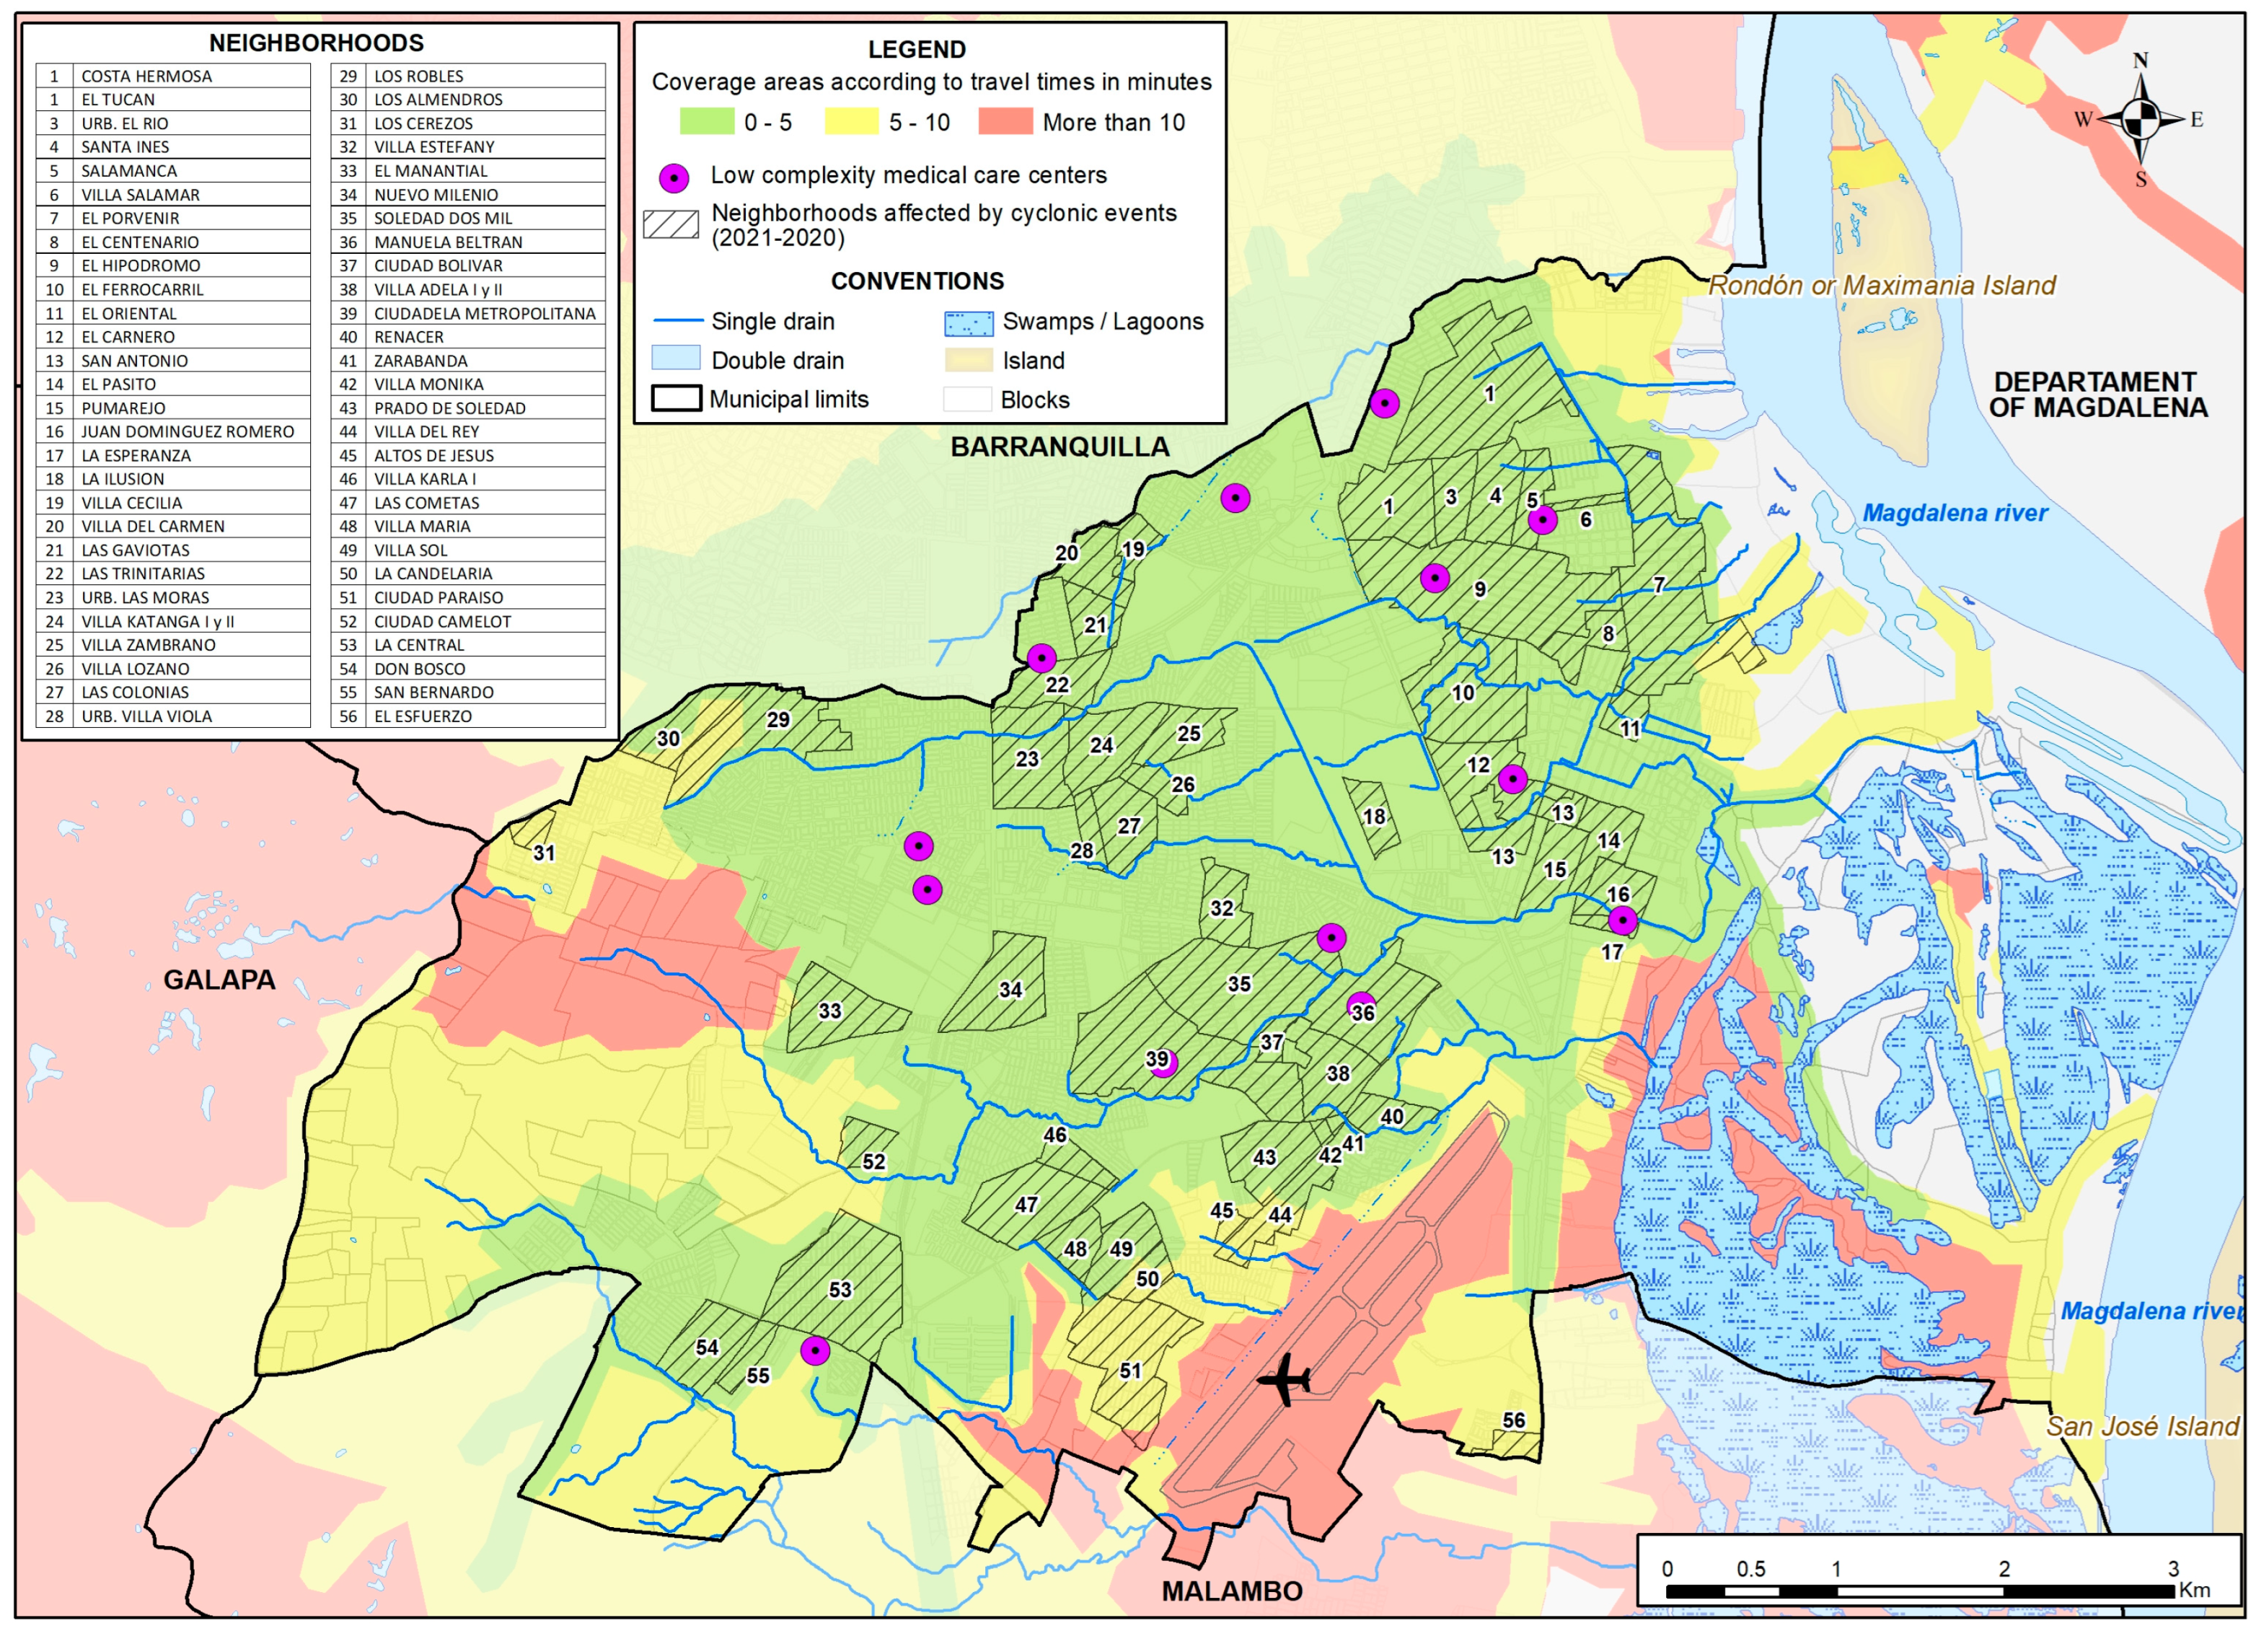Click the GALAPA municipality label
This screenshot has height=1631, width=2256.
point(219,980)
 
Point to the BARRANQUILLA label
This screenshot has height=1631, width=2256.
point(1059,447)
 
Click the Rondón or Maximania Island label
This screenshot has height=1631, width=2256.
point(1881,286)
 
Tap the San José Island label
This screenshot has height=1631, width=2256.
point(2141,1426)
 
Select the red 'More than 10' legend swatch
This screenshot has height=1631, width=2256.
point(1005,123)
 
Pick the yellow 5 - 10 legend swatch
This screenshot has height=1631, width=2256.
point(852,123)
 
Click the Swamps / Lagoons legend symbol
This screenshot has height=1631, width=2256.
point(968,322)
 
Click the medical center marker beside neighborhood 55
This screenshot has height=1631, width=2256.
point(815,1350)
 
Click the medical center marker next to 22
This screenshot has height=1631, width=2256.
point(1041,658)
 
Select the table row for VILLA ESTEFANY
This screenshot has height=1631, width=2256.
point(467,146)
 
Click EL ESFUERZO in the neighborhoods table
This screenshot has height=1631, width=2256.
point(467,716)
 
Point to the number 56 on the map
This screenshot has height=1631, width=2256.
point(1513,1420)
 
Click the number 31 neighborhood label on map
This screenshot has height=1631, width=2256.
point(543,853)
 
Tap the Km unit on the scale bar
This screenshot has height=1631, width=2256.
point(2193,1589)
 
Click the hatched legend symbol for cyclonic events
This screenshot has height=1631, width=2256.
point(671,224)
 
